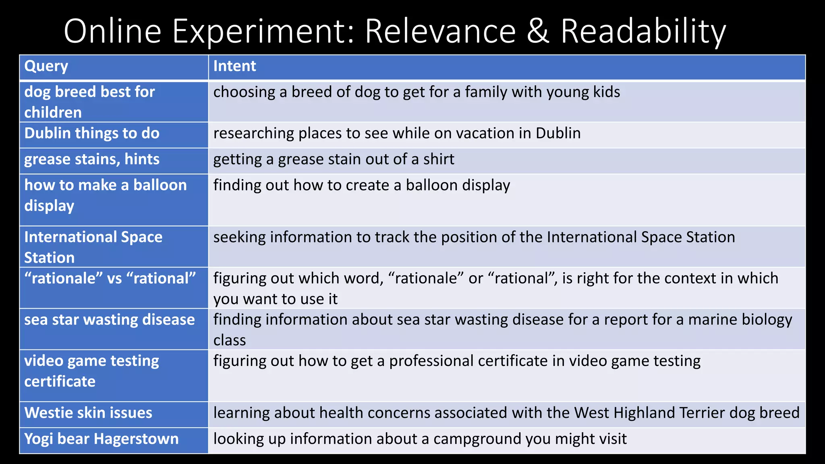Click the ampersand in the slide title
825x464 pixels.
[x=538, y=31]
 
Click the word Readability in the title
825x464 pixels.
[x=643, y=31]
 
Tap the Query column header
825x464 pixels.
[x=46, y=66]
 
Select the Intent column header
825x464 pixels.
[x=234, y=66]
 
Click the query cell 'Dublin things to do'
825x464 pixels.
[x=92, y=133]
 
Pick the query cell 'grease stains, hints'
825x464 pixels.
[x=92, y=159]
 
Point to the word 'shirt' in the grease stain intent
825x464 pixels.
[x=438, y=159]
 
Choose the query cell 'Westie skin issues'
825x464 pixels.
[x=88, y=413]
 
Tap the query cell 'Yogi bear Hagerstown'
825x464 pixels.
[x=101, y=439]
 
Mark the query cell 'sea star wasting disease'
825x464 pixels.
[x=110, y=320]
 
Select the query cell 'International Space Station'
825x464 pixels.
[x=93, y=247]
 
